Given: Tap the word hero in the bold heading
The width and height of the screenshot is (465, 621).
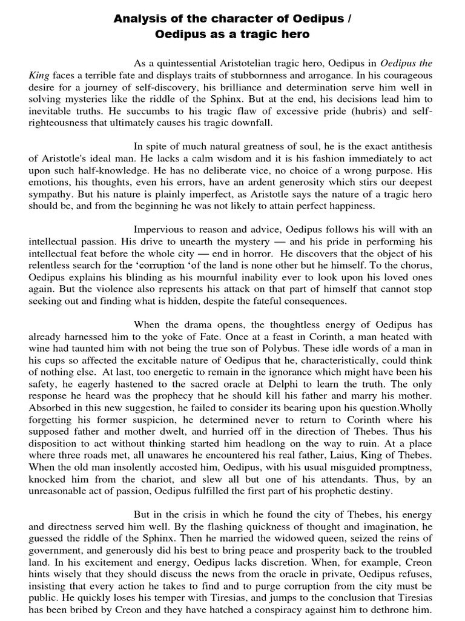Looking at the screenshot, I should click(x=291, y=35).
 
